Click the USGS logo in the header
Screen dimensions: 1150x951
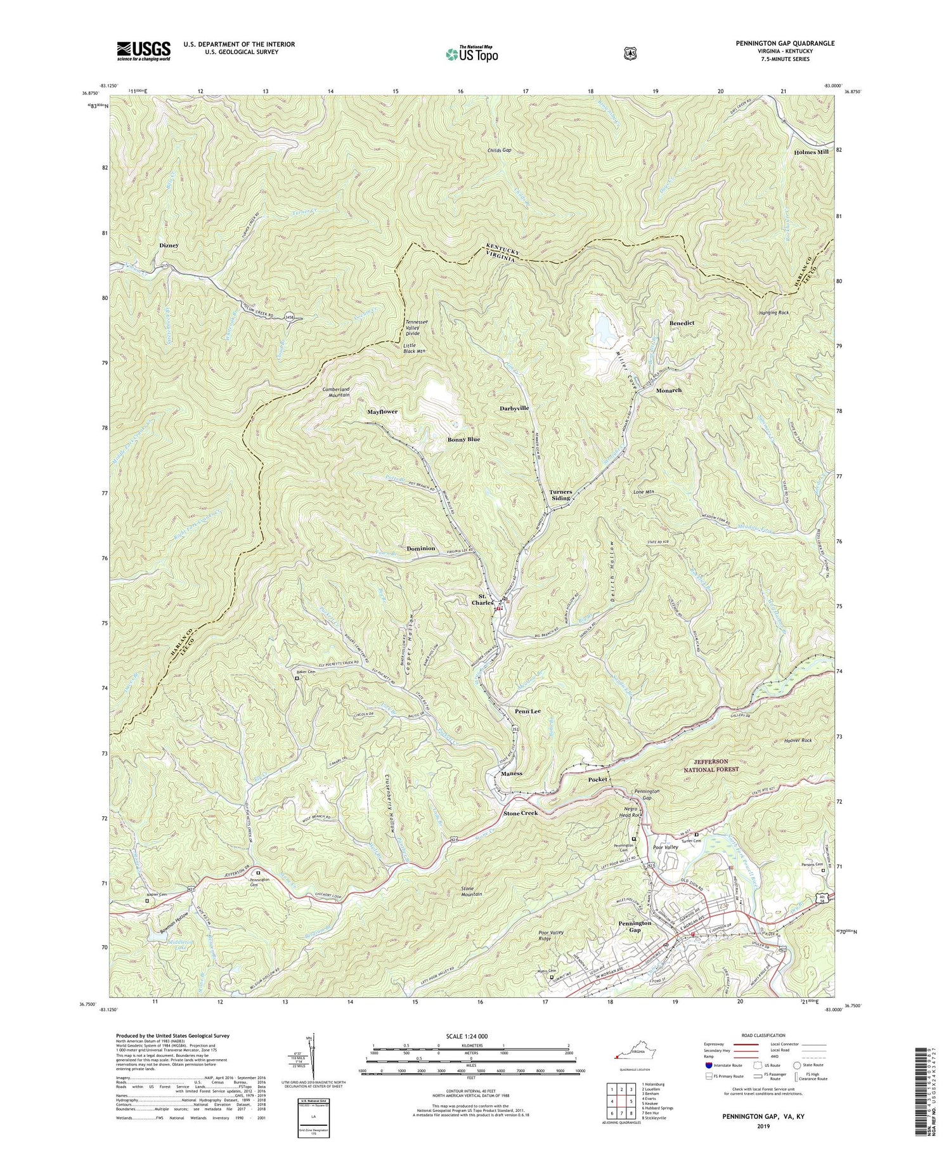tap(143, 51)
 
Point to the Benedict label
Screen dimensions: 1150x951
tap(682, 323)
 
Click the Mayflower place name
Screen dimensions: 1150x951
tap(382, 412)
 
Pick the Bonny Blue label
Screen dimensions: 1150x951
tap(463, 440)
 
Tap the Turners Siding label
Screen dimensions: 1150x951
tap(560, 495)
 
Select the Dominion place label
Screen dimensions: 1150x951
tap(420, 548)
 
